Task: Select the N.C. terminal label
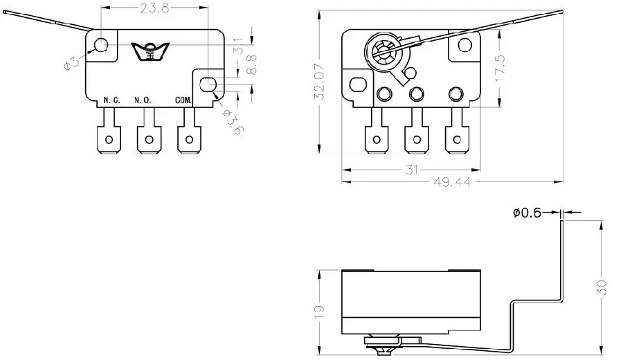click(111, 100)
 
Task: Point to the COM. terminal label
click(183, 100)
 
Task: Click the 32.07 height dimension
click(320, 84)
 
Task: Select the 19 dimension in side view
click(319, 312)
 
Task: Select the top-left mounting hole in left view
click(101, 45)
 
